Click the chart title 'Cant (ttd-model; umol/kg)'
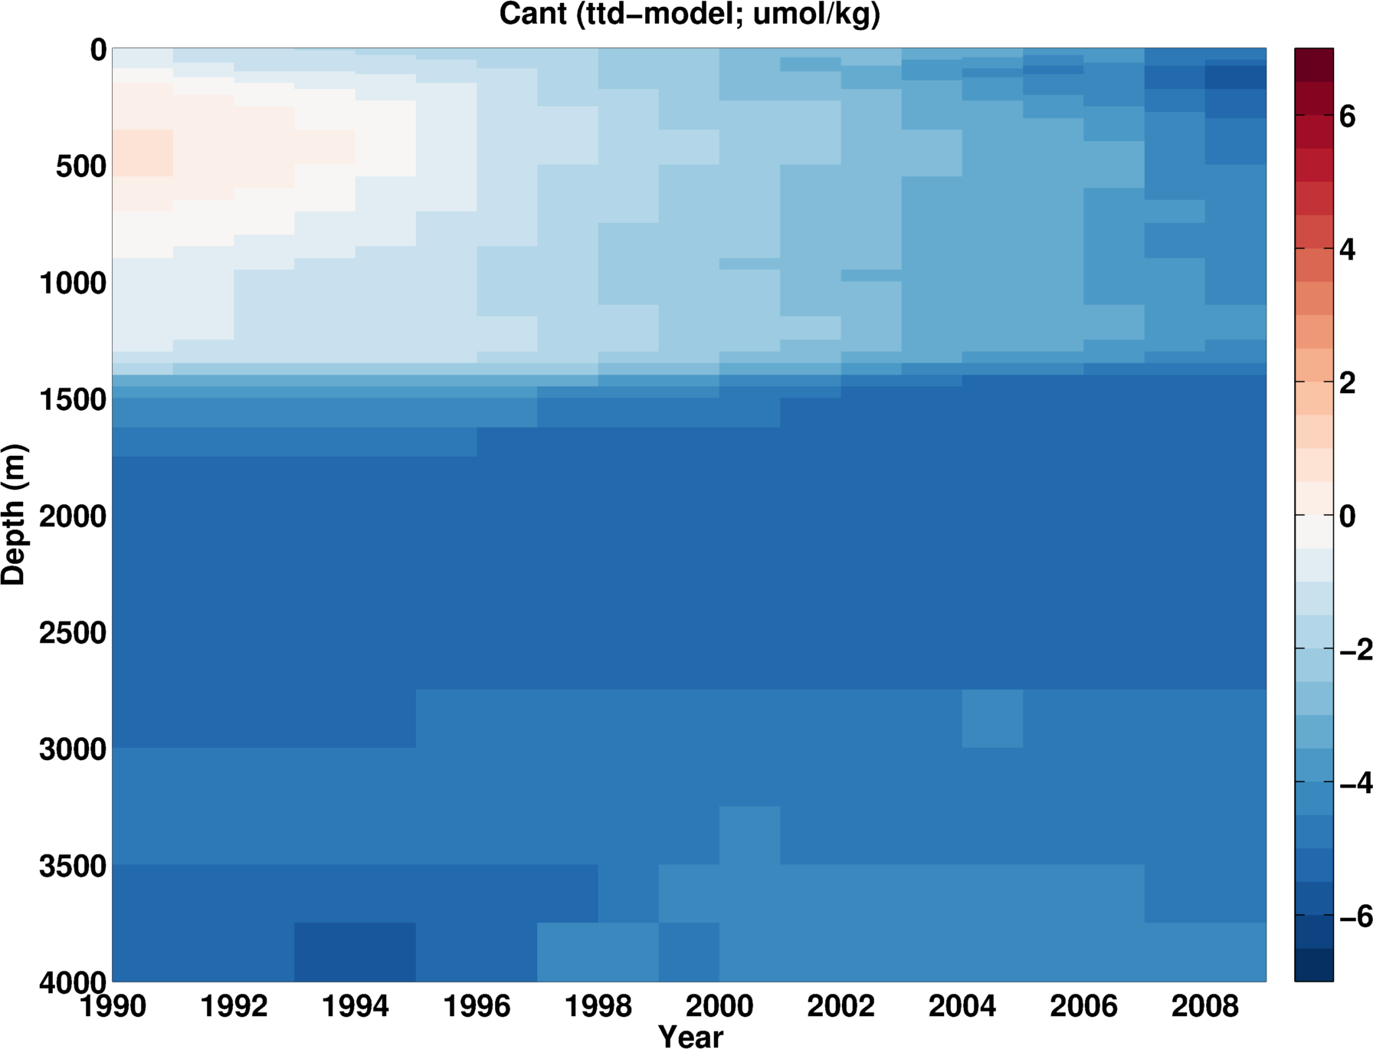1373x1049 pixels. tap(690, 14)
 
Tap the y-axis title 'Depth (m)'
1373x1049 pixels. tap(14, 515)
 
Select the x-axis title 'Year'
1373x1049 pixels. tap(690, 1036)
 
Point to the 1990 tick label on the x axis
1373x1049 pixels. tap(113, 1005)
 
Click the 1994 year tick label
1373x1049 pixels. tap(356, 1005)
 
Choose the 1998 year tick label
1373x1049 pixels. tap(598, 1005)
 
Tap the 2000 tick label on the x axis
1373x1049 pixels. tap(719, 1005)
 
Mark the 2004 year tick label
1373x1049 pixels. tap(962, 1005)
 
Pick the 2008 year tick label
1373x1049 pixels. tap(1204, 1005)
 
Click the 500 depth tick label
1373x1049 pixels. tap(80, 166)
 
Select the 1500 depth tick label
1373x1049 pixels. tap(73, 399)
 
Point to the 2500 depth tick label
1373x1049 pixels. tap(73, 633)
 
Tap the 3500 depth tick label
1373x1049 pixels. tap(73, 866)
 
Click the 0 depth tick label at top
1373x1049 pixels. tap(98, 51)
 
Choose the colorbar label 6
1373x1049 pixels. tap(1348, 116)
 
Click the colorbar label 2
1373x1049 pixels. tap(1348, 382)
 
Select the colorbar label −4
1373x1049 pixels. tap(1355, 782)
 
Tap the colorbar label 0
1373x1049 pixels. tap(1348, 516)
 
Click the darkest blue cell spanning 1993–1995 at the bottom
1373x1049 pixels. tap(356, 952)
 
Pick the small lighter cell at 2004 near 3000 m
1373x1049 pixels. tap(992, 718)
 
